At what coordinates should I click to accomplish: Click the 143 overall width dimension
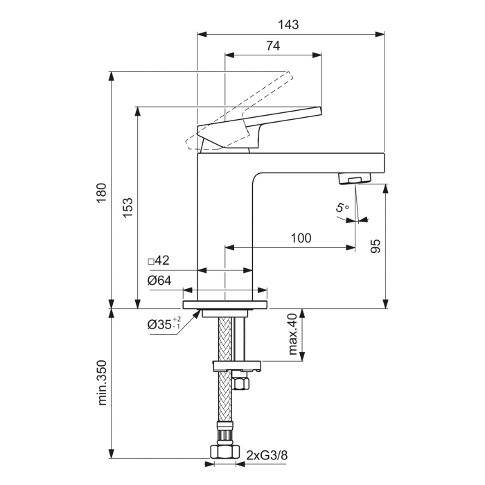click(x=290, y=24)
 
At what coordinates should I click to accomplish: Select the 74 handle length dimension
click(x=272, y=46)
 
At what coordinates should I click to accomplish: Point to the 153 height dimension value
click(x=127, y=208)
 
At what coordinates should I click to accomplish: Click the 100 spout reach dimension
click(x=300, y=238)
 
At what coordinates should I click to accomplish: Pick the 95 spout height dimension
click(x=376, y=247)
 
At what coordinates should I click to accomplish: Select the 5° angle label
click(x=340, y=207)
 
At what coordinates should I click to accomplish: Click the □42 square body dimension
click(x=159, y=261)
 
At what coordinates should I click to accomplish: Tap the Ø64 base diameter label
click(x=159, y=281)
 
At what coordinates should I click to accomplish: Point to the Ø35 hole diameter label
click(x=162, y=324)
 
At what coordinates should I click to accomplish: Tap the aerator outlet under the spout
click(x=353, y=179)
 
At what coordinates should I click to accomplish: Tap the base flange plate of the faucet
click(x=225, y=304)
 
